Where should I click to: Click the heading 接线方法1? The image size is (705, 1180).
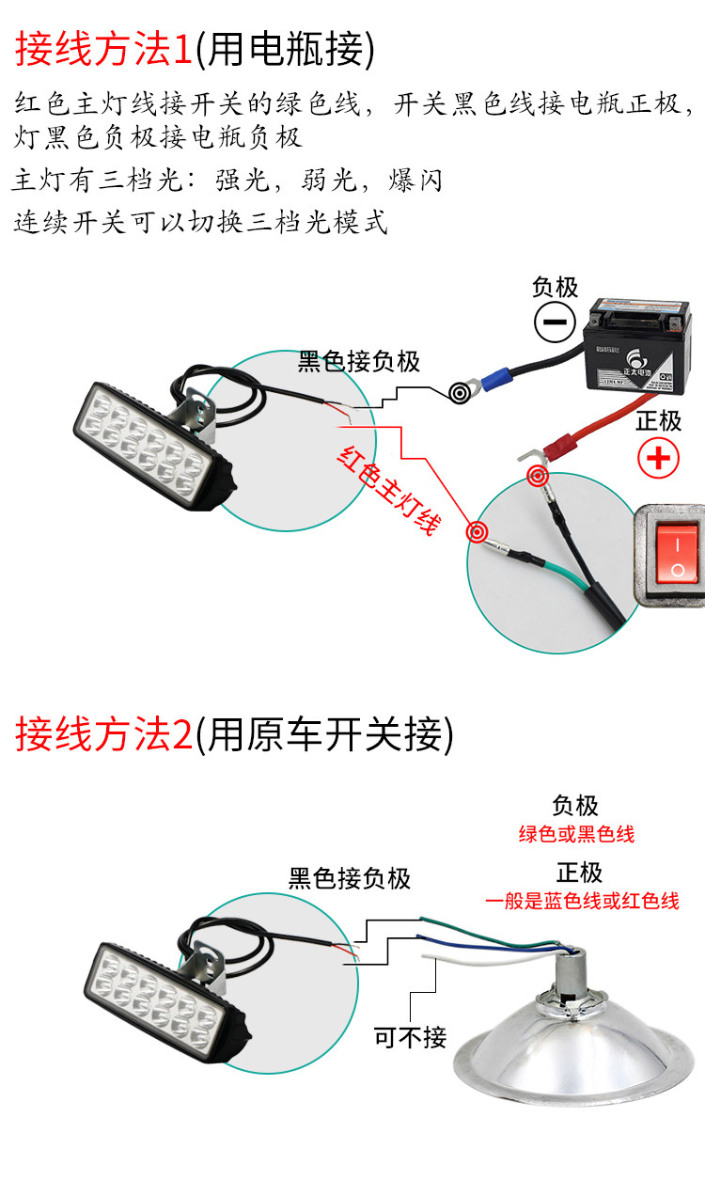click(x=103, y=50)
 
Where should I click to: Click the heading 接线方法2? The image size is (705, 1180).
click(x=103, y=734)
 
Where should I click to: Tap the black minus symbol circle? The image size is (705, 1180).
click(x=556, y=323)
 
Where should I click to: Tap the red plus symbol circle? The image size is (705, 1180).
click(x=658, y=458)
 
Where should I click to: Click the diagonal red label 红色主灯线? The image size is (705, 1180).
click(x=387, y=489)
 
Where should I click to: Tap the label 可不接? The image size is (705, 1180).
click(x=411, y=1037)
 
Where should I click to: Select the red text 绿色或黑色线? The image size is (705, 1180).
click(x=576, y=834)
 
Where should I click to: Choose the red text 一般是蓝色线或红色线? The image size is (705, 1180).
click(x=582, y=901)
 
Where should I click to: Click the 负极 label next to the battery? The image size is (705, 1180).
click(x=555, y=287)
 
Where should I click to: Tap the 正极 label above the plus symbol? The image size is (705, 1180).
click(x=658, y=420)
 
